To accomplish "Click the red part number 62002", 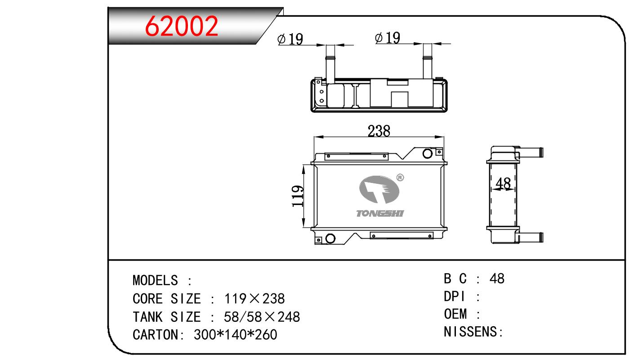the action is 181,26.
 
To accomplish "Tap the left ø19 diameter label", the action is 290,39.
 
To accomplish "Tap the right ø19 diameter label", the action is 388,38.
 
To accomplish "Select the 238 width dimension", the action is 379,131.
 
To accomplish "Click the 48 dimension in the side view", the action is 503,184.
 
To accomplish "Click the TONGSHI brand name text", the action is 380,213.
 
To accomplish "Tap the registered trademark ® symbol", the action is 400,178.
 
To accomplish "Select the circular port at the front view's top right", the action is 427,154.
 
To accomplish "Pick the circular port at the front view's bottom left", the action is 330,239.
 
